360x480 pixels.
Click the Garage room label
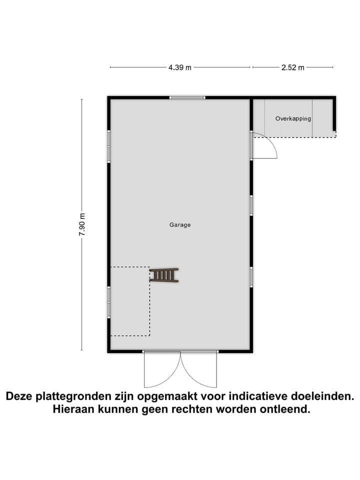pos(179,225)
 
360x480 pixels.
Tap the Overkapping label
pos(293,119)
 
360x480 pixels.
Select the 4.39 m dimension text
pos(180,67)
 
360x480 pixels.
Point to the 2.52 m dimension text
pos(293,67)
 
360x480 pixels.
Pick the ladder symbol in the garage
pos(164,275)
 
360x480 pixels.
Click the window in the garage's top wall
pos(187,97)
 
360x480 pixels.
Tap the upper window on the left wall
pos(108,146)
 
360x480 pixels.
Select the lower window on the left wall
pos(108,302)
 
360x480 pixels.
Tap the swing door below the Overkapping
pos(265,146)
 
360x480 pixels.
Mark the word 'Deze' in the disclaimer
pos(20,396)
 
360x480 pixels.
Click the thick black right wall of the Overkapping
pos(334,115)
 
